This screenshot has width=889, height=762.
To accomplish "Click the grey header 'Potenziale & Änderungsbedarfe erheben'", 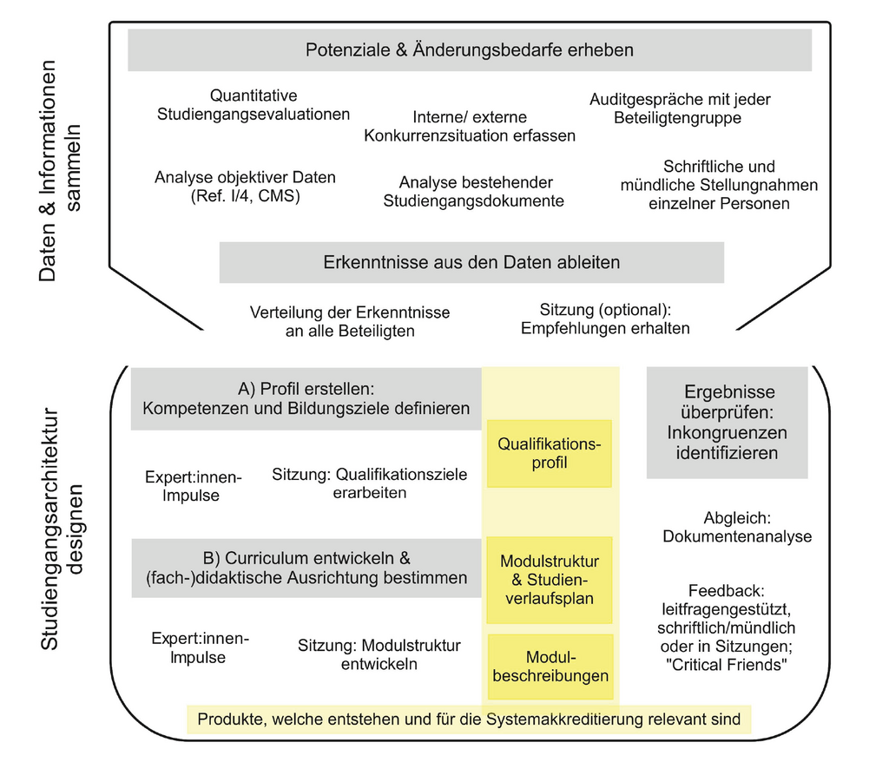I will pos(470,50).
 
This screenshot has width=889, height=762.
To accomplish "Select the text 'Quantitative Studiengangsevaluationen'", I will pos(254,105).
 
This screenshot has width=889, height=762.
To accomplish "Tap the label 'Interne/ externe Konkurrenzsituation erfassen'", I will pos(470,127).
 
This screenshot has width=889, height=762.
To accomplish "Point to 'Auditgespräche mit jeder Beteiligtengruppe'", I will pos(679,108).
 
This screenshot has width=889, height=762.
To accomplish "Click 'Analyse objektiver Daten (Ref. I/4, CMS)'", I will pos(245,187).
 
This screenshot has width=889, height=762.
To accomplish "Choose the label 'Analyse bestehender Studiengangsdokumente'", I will pos(474,192).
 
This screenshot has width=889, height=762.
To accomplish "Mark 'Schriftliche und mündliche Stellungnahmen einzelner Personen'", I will pos(719,185).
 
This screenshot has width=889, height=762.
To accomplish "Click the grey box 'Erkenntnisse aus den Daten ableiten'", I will pos(471,262).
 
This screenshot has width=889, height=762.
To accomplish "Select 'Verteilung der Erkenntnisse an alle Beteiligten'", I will pos(350,321).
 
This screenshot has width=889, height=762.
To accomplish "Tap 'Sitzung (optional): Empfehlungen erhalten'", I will pos(605,319).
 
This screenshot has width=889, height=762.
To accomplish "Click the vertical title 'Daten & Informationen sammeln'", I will pos(60,171).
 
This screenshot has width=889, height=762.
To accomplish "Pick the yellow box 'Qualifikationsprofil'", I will pos(550,453).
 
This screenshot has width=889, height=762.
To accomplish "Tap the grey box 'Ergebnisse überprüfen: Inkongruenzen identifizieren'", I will pos(728,423).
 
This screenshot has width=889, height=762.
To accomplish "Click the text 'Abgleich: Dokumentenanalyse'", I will pos(737,527).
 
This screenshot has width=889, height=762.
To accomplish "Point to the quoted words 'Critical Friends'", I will pos(728,666).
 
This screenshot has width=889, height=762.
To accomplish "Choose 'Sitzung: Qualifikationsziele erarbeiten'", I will pos(369,483).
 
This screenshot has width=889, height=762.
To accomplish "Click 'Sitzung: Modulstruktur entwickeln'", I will pos(379,654).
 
